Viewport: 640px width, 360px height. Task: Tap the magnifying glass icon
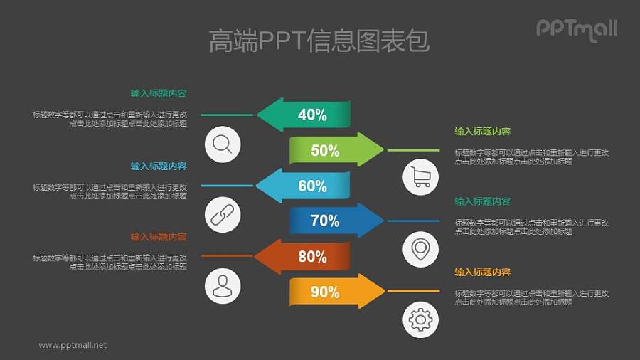(223, 144)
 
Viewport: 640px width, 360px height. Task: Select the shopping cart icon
(421, 177)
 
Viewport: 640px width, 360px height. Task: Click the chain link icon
(223, 214)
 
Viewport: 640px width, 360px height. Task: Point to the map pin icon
(421, 249)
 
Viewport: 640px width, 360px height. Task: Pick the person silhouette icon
(223, 285)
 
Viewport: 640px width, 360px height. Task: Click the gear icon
(421, 319)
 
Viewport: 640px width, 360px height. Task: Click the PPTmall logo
(576, 28)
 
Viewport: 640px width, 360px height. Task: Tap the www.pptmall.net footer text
(73, 345)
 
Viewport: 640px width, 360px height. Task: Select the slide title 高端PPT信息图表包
(319, 41)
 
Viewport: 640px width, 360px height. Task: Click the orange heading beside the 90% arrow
(483, 272)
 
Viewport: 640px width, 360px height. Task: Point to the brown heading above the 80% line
(159, 236)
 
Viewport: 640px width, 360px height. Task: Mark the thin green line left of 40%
(227, 115)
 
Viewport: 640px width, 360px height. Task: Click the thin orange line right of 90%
(413, 292)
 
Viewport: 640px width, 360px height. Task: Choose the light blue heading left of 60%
(159, 166)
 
